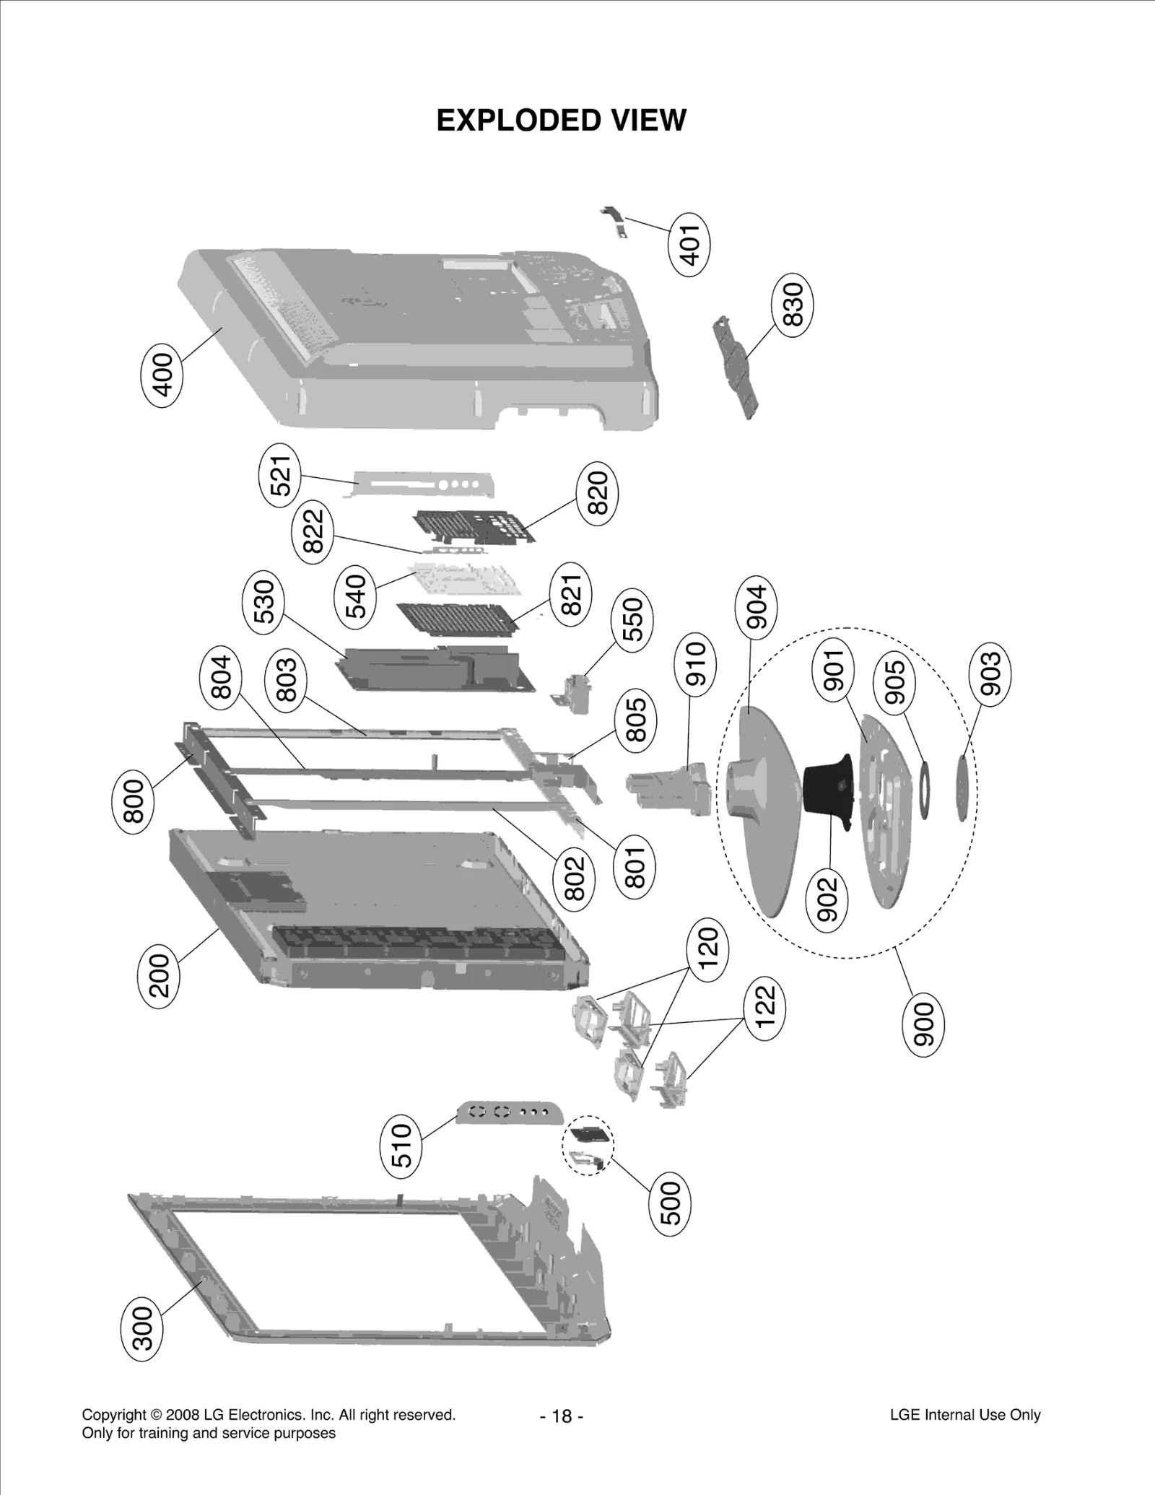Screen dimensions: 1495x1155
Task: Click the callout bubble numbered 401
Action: click(x=690, y=245)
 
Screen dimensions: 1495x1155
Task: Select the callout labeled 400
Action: click(x=161, y=374)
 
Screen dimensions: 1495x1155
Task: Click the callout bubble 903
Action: click(x=990, y=674)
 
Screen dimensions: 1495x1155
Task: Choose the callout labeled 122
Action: click(x=764, y=1007)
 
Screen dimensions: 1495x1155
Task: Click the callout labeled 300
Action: click(x=142, y=1328)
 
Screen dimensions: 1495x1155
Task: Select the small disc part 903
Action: click(x=963, y=786)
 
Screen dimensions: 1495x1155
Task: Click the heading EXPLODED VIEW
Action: click(x=561, y=121)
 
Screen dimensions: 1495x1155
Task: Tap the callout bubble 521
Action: click(x=280, y=474)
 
